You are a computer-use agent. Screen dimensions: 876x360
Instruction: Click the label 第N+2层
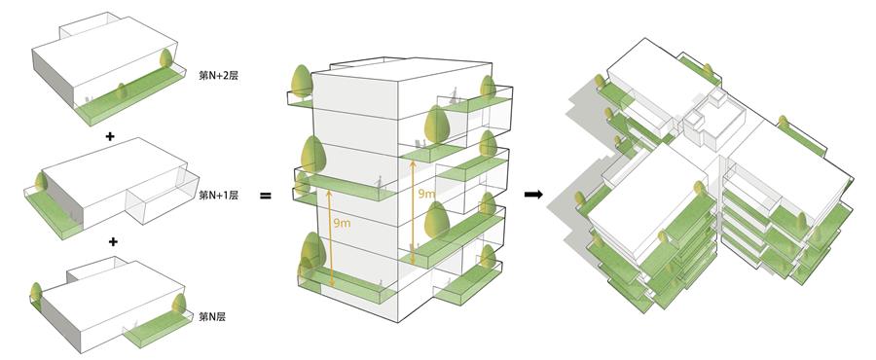(218, 75)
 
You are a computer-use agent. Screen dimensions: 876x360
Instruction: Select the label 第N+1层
(218, 196)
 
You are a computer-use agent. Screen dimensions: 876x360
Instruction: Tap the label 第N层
(212, 317)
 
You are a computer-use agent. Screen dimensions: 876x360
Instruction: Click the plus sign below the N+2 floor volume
(110, 136)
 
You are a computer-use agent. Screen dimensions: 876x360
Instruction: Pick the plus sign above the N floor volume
(114, 241)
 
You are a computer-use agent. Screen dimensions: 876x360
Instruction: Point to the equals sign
(266, 196)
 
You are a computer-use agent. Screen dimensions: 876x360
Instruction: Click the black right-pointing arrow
(533, 195)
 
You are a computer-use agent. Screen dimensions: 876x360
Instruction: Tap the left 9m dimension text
(342, 223)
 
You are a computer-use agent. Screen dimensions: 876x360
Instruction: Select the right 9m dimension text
(426, 194)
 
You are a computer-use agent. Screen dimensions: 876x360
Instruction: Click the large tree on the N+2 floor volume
(165, 58)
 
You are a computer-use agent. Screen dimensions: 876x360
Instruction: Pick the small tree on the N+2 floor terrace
(122, 91)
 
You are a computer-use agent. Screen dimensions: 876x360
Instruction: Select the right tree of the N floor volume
(179, 305)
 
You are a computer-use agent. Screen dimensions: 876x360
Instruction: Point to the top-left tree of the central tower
(302, 82)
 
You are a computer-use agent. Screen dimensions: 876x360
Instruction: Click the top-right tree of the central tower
(488, 87)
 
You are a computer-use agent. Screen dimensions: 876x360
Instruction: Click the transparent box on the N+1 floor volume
(163, 197)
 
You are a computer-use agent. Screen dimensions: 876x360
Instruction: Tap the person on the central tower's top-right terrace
(455, 95)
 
